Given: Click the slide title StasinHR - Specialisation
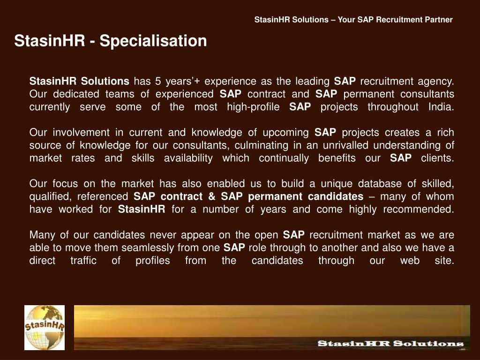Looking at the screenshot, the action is pyautogui.click(x=111, y=41).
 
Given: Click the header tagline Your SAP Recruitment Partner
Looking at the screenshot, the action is pyautogui.click(x=395, y=20).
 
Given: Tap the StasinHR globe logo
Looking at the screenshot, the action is pyautogui.click(x=45, y=328).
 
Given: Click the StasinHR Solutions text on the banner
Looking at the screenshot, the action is pyautogui.click(x=390, y=344).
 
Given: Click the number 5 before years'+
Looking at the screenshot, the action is pyautogui.click(x=158, y=81).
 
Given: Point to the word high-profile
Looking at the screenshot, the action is pyautogui.click(x=253, y=107).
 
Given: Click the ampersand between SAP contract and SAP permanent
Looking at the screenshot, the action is pyautogui.click(x=211, y=196).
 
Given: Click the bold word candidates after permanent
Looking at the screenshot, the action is pyautogui.click(x=336, y=196).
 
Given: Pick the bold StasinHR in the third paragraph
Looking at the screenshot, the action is pyautogui.click(x=142, y=209).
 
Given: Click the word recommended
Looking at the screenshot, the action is pyautogui.click(x=419, y=209).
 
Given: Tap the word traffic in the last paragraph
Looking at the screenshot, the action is pyautogui.click(x=83, y=260).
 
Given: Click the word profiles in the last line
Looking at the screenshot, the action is pyautogui.click(x=153, y=261).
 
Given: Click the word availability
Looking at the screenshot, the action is pyautogui.click(x=188, y=158).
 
